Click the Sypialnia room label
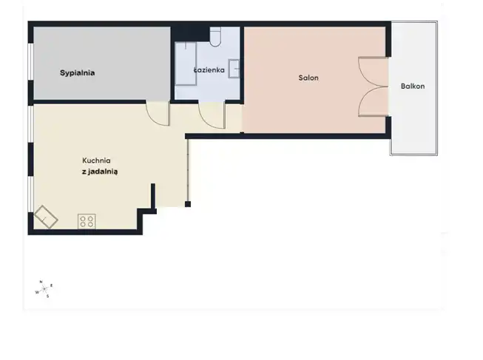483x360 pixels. (78, 73)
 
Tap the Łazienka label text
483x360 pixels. (209, 70)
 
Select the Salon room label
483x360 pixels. (308, 78)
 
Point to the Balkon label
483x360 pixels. (413, 86)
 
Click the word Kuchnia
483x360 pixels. (96, 160)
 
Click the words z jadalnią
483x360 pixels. (100, 171)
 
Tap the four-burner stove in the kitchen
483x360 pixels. (87, 222)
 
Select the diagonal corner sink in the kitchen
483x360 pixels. (46, 217)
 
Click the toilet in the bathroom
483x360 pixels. (215, 37)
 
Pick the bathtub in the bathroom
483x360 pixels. (186, 64)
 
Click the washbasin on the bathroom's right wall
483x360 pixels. (234, 69)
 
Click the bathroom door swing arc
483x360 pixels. (207, 120)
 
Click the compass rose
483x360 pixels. (44, 289)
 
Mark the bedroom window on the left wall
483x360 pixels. (30, 61)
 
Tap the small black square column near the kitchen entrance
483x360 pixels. (188, 204)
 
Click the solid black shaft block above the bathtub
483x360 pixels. (190, 34)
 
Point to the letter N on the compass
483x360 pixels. (41, 282)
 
